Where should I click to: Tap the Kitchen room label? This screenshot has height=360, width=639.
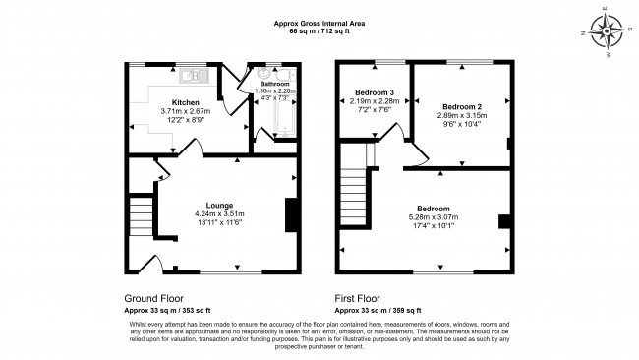[x=186, y=102]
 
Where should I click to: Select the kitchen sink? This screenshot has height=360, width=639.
[x=192, y=74]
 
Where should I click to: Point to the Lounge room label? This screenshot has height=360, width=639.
[x=219, y=204]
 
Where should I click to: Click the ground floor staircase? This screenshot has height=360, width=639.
[x=144, y=211]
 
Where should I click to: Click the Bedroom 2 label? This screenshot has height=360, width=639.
[x=461, y=105]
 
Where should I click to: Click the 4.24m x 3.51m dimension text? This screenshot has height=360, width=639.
[x=219, y=213]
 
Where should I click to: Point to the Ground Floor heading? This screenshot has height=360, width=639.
[x=153, y=297]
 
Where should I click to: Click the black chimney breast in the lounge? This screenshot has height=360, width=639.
[x=290, y=214]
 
